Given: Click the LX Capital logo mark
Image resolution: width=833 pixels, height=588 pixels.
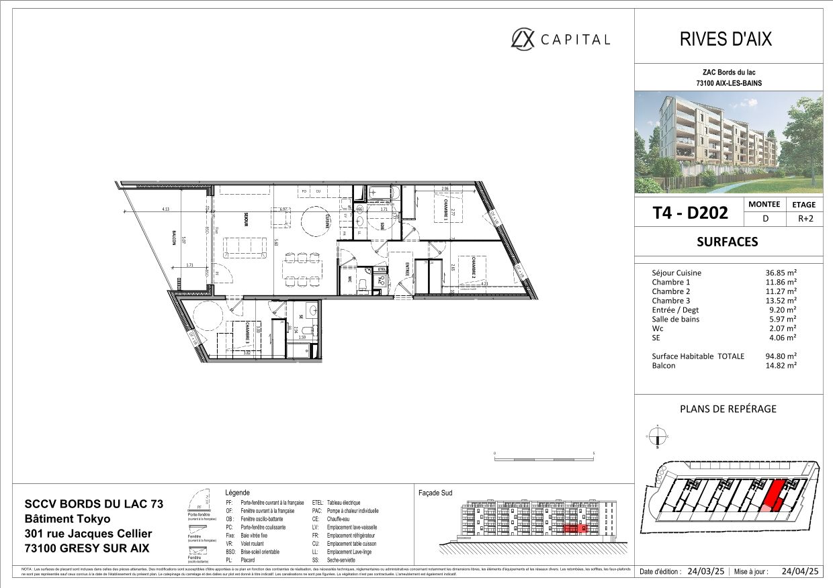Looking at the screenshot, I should [x=523, y=38].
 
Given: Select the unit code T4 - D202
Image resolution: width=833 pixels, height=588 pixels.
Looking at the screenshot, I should [x=690, y=213].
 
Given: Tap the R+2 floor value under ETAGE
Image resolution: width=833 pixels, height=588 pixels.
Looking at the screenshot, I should [x=803, y=218].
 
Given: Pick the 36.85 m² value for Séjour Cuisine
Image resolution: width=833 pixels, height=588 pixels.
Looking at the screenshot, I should [x=782, y=273].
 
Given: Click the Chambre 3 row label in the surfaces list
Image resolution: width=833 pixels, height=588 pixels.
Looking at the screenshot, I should [x=670, y=301].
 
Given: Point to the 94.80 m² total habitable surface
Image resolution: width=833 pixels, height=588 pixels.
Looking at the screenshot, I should [x=782, y=356].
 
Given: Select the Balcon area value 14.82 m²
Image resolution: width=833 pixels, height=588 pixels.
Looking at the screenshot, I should [x=782, y=365].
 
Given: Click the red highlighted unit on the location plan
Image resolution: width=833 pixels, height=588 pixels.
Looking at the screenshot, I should [x=775, y=495].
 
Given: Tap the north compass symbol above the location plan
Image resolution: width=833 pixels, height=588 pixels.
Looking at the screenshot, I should [x=658, y=438].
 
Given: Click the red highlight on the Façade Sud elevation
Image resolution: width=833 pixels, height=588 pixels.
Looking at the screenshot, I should [x=574, y=529].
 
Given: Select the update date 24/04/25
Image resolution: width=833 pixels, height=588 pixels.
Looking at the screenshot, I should [x=801, y=572].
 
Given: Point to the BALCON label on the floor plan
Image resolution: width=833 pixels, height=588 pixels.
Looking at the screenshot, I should [x=174, y=237].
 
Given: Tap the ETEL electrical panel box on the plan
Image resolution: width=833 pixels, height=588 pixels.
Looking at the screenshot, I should [x=381, y=269].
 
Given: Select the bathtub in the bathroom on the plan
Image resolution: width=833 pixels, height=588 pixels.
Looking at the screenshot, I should [x=383, y=195].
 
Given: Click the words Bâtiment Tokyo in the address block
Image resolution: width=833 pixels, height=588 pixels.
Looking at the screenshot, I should [x=69, y=519].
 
